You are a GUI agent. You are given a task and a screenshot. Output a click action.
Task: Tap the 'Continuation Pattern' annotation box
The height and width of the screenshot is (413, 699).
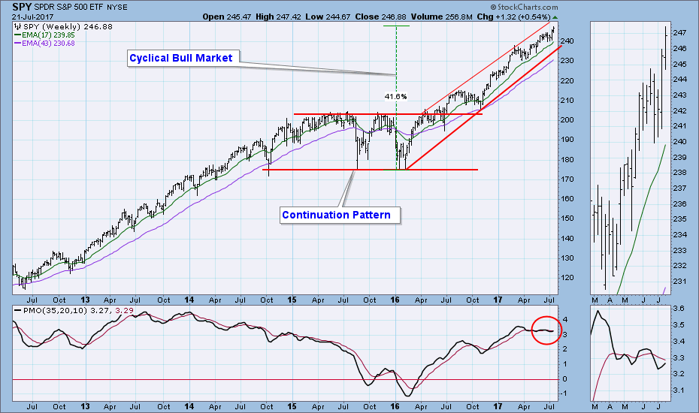pyautogui.click(x=336, y=216)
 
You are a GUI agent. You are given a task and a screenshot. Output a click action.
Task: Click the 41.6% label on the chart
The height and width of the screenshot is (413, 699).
pyautogui.click(x=395, y=96)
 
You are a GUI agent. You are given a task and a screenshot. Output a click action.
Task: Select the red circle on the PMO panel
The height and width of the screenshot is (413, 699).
pyautogui.click(x=546, y=330)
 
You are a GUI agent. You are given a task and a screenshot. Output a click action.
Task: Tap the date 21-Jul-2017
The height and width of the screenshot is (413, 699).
pyautogui.click(x=29, y=16)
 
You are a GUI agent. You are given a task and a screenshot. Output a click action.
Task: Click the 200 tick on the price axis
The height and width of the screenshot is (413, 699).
pyautogui.click(x=570, y=120)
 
